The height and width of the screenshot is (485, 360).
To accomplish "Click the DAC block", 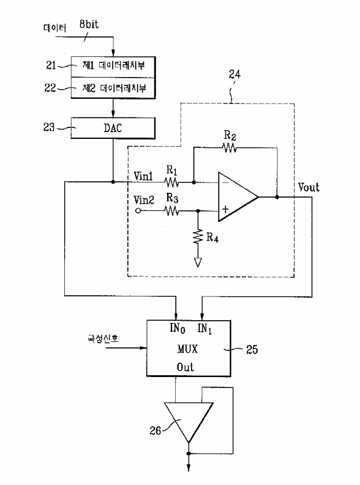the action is pyautogui.click(x=113, y=128).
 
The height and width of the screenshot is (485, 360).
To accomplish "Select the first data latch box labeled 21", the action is pyautogui.click(x=113, y=67).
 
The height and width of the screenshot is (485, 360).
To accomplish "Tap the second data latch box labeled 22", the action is pyautogui.click(x=113, y=88).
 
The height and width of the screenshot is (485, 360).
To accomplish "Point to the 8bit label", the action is pyautogui.click(x=88, y=24).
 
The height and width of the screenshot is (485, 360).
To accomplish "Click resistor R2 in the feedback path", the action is pyautogui.click(x=230, y=148).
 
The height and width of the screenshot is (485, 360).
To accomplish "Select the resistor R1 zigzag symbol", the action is pyautogui.click(x=172, y=182).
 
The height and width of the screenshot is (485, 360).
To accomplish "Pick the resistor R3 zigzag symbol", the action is pyautogui.click(x=172, y=211).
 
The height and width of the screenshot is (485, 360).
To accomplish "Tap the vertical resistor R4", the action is pyautogui.click(x=198, y=236).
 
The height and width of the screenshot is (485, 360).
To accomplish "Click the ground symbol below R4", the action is pyautogui.click(x=198, y=263).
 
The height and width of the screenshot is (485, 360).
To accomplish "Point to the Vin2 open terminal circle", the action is pyautogui.click(x=138, y=211).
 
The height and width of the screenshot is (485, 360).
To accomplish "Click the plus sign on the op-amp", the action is pyautogui.click(x=225, y=209).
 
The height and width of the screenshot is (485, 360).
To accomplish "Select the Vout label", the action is pyautogui.click(x=308, y=187).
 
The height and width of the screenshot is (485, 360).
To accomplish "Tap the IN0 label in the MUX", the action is pyautogui.click(x=178, y=328).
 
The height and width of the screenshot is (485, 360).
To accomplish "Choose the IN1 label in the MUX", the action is pyautogui.click(x=205, y=329).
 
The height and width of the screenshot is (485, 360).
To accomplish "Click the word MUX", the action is pyautogui.click(x=187, y=349).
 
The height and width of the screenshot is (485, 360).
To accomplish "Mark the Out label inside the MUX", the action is pyautogui.click(x=185, y=367).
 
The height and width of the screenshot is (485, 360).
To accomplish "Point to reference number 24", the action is pyautogui.click(x=235, y=74).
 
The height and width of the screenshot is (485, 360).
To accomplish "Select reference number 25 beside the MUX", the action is pyautogui.click(x=252, y=350).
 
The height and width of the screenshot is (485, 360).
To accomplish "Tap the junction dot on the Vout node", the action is pyautogui.click(x=277, y=196).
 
